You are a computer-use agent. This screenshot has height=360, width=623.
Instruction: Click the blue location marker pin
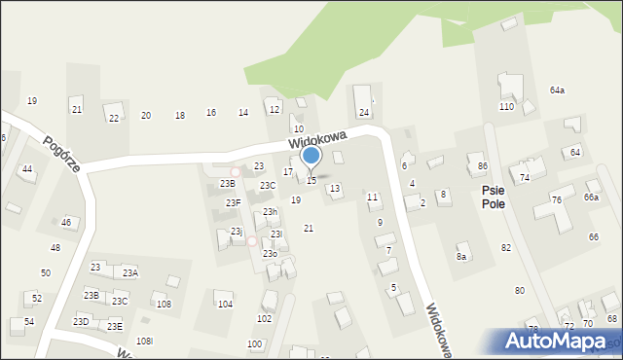(x=311, y=157)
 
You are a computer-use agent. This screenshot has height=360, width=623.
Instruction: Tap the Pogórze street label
(x=60, y=152)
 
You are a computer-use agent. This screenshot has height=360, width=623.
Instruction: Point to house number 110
(x=506, y=107)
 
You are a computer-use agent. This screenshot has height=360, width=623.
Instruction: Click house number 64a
(x=557, y=90)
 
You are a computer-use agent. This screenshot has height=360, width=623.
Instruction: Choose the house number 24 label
(x=363, y=113)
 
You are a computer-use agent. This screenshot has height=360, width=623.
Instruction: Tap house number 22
(x=114, y=119)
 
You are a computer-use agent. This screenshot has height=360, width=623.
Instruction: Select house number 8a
(x=461, y=257)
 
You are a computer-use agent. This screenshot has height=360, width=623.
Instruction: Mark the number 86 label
(x=482, y=167)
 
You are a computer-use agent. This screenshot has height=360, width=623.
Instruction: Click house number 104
(x=225, y=305)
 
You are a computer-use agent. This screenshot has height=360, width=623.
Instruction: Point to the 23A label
(x=130, y=273)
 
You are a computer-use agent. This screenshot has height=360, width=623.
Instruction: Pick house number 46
(x=66, y=223)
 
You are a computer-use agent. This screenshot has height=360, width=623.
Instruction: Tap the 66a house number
(x=591, y=198)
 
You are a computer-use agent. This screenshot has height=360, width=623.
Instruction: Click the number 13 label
(x=335, y=189)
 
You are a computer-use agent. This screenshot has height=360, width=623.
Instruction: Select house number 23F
(x=234, y=203)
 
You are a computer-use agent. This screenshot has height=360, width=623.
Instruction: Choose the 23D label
(x=81, y=321)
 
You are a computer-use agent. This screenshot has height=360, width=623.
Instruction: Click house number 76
(x=556, y=200)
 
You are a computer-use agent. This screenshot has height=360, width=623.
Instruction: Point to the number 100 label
(x=254, y=344)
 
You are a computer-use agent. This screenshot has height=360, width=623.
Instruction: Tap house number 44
(x=27, y=169)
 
